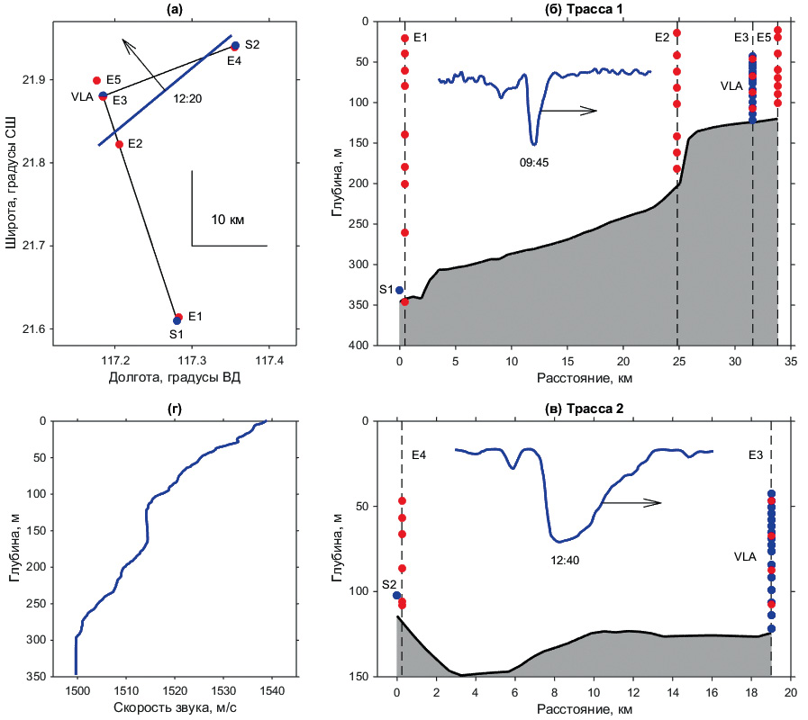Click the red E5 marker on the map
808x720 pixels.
96,80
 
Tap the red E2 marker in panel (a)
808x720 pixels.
120,144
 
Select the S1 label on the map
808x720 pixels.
177,335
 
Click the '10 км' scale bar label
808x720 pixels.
228,219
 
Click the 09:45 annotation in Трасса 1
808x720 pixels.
534,163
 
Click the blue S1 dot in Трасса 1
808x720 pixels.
399,290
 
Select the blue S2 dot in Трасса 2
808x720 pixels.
396,596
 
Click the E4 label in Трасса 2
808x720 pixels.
419,455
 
